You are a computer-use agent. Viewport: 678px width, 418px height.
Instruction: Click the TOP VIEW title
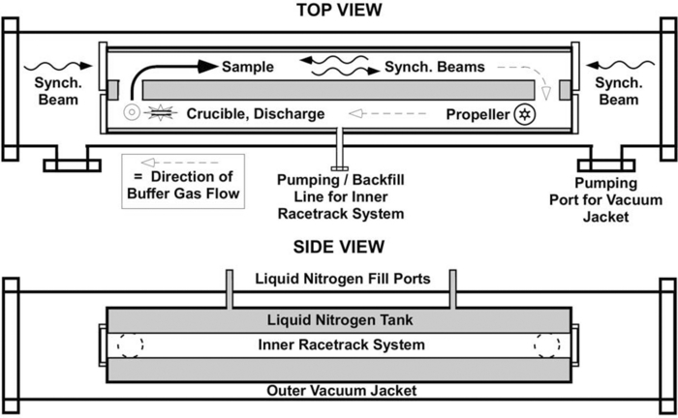tap(339, 11)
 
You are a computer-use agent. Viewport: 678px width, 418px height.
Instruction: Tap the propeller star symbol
tap(525, 114)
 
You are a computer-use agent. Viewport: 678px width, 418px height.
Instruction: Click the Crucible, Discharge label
tap(256, 114)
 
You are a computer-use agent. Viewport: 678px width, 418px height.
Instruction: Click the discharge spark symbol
tap(157, 114)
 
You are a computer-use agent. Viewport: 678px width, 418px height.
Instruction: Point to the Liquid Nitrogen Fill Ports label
tap(339, 280)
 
